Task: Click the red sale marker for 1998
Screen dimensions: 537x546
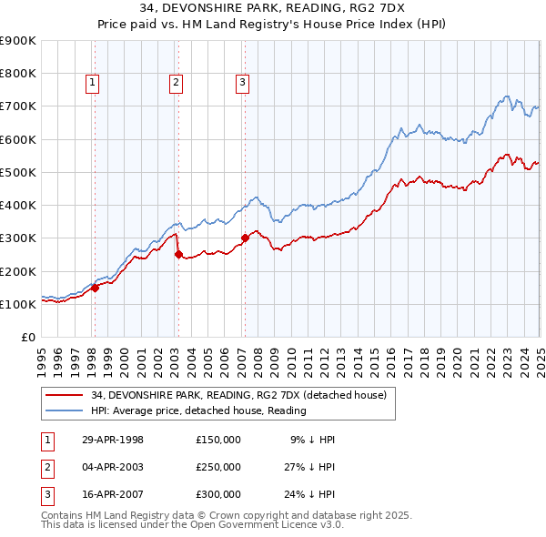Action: point(95,288)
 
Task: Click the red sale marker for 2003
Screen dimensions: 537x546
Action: point(178,255)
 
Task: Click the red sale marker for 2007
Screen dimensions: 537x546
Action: point(245,238)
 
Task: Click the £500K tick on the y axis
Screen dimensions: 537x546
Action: point(18,172)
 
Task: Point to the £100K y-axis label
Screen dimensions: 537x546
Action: point(18,304)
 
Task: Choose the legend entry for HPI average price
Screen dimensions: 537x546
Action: point(198,410)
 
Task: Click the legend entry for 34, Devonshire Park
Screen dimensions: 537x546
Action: point(238,395)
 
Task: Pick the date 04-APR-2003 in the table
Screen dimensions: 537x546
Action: point(113,467)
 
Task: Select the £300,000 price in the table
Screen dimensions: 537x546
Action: point(217,495)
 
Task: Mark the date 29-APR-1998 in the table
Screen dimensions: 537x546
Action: point(113,439)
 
